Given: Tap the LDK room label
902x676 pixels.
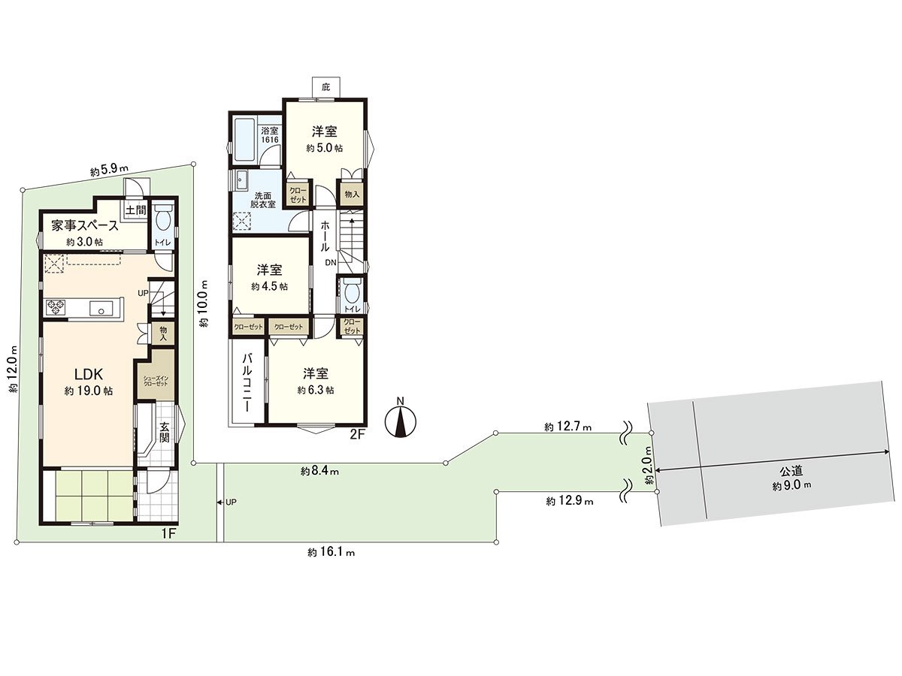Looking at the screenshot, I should pyautogui.click(x=88, y=374).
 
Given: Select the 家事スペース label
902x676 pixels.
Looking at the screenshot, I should pyautogui.click(x=84, y=225).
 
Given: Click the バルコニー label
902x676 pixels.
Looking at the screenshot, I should pyautogui.click(x=247, y=383).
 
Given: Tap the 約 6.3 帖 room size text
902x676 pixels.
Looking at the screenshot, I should pyautogui.click(x=315, y=390).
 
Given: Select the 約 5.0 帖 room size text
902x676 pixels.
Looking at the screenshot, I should pyautogui.click(x=324, y=149).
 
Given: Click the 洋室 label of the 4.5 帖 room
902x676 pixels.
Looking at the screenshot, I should pyautogui.click(x=269, y=270).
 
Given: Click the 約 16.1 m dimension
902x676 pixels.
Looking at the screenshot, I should pyautogui.click(x=331, y=552).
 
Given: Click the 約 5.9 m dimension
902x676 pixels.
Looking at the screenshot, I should pyautogui.click(x=110, y=171).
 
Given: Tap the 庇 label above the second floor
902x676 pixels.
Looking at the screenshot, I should pyautogui.click(x=325, y=87).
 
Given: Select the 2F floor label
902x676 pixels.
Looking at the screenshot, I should pyautogui.click(x=357, y=433).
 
